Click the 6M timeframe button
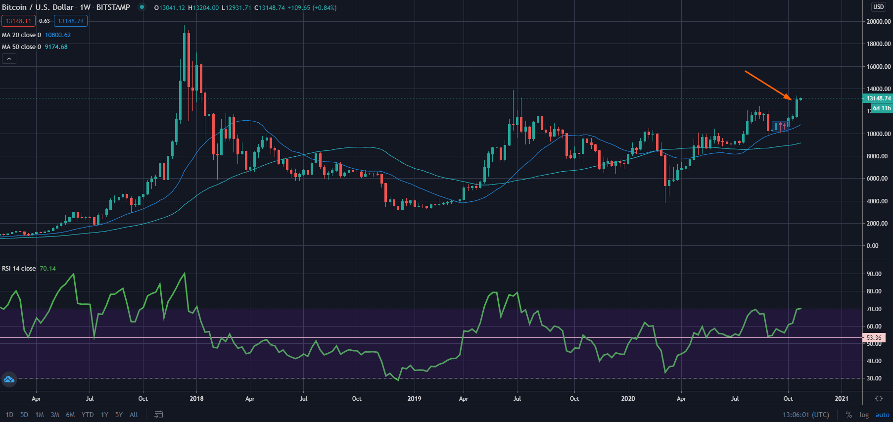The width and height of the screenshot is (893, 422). click(70, 415)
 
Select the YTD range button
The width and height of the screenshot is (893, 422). click(88, 415)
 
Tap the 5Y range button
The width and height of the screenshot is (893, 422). click(119, 415)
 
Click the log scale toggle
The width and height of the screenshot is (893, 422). click(864, 415)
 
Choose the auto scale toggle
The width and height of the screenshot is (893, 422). click(882, 415)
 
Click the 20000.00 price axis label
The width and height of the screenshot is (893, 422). click(879, 22)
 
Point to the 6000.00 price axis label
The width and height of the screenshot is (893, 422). click(879, 179)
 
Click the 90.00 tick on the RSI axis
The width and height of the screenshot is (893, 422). click(874, 274)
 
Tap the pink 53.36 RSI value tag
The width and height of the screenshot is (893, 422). click(874, 338)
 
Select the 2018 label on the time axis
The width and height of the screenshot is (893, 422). click(196, 399)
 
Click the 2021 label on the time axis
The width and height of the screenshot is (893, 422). click(842, 399)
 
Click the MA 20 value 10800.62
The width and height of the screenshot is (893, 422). click(58, 35)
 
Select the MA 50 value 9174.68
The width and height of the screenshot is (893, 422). click(56, 47)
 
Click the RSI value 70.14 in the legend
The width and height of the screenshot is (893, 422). click(47, 269)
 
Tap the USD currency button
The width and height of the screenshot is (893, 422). click(879, 7)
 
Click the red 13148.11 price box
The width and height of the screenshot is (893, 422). click(18, 21)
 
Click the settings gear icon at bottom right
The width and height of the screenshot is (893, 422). click(879, 399)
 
